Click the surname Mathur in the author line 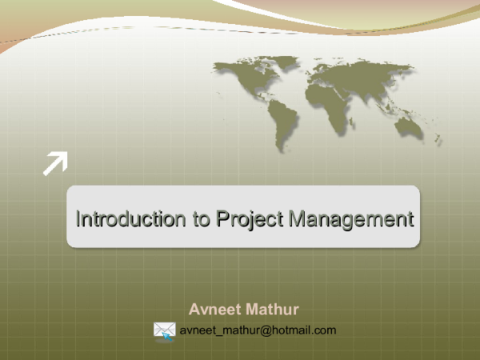tap(273, 309)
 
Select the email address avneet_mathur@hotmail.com tap(258, 330)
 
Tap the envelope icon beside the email tap(164, 330)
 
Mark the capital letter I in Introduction tap(78, 218)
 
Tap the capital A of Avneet tap(194, 309)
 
